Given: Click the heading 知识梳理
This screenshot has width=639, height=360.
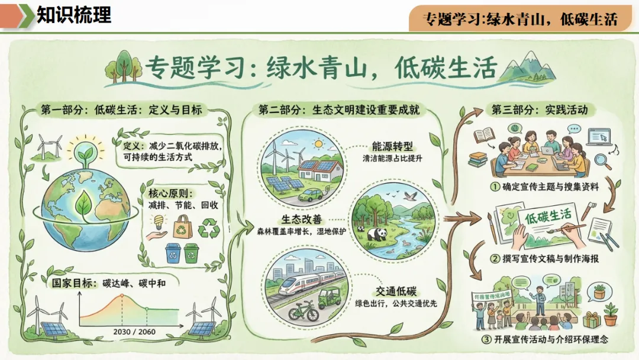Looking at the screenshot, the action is (x=73, y=15).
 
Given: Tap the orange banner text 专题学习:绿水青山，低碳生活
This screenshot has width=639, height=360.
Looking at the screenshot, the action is (x=521, y=19).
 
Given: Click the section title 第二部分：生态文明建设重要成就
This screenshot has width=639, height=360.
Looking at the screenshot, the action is (x=342, y=110).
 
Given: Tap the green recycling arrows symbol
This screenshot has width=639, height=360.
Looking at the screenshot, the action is (x=208, y=227).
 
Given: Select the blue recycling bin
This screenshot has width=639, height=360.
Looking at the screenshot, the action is (x=173, y=253).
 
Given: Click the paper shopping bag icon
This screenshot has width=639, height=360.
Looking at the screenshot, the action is (x=182, y=226).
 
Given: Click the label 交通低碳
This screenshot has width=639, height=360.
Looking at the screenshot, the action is (x=396, y=291).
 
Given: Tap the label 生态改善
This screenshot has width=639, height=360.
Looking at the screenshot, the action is (x=302, y=218).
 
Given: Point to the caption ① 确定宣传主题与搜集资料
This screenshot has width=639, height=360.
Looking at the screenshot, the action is (x=542, y=187).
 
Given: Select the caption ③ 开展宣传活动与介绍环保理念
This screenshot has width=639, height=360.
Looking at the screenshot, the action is (x=545, y=339).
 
